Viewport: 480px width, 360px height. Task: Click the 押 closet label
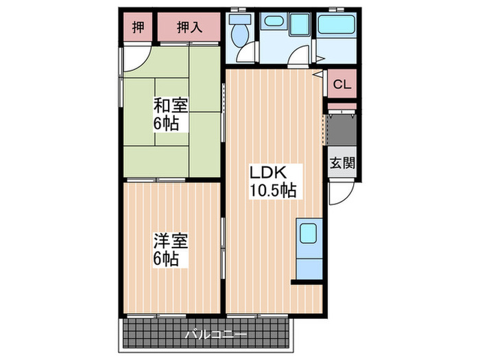click(139, 28)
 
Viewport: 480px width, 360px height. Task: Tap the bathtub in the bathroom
click(336, 29)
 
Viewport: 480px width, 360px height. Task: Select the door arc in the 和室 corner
click(134, 58)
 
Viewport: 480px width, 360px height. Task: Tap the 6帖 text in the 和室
click(169, 124)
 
